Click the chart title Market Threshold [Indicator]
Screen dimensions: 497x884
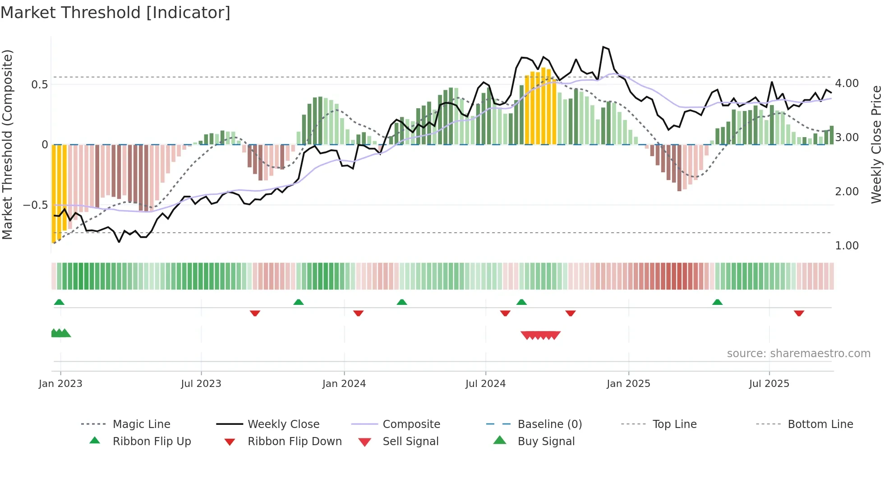point(115,13)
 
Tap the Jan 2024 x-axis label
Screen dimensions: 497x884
point(344,384)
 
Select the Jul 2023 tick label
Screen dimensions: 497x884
point(201,384)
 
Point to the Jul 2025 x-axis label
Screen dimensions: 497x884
point(769,384)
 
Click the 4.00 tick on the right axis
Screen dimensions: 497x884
point(847,83)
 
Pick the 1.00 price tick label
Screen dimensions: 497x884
point(847,246)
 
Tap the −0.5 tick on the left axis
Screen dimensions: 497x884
point(35,205)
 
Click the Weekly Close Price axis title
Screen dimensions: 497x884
point(876,144)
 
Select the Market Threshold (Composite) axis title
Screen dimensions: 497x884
point(7,144)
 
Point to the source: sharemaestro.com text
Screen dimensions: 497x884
point(798,354)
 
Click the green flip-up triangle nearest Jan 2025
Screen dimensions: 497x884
point(717,302)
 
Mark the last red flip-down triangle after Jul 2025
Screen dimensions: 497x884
point(799,313)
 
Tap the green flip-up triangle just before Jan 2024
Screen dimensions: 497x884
point(298,302)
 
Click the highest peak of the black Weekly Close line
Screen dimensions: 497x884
point(603,47)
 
